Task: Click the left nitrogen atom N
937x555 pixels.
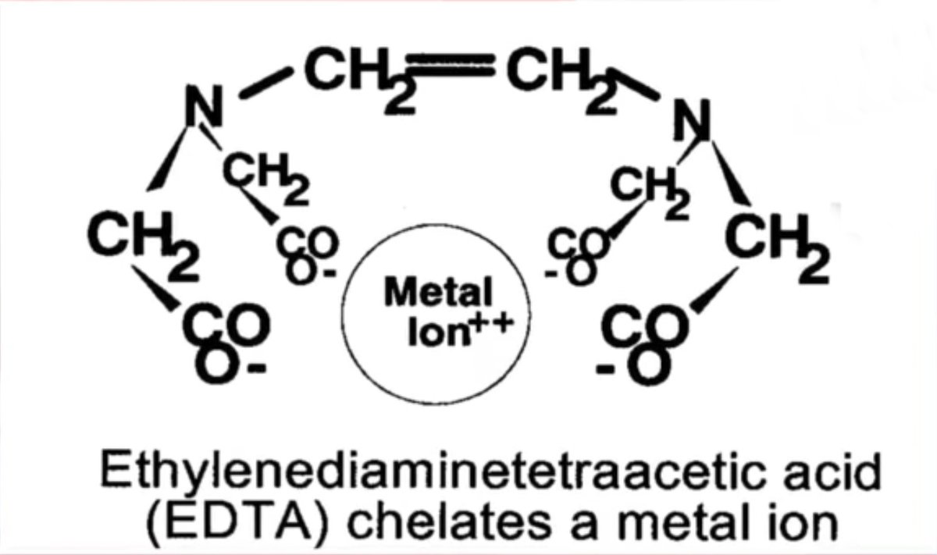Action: click(x=204, y=105)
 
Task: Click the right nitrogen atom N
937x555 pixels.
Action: click(x=692, y=119)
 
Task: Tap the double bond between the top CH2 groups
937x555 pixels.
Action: click(x=451, y=65)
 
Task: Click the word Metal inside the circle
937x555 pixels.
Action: click(x=438, y=292)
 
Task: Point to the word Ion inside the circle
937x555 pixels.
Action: click(x=438, y=333)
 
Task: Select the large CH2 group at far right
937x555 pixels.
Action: click(x=777, y=249)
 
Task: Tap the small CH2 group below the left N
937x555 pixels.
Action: click(x=266, y=178)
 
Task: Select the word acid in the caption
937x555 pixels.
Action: click(x=832, y=472)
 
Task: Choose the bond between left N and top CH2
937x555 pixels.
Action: click(x=266, y=83)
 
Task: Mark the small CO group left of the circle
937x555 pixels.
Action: click(x=308, y=243)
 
